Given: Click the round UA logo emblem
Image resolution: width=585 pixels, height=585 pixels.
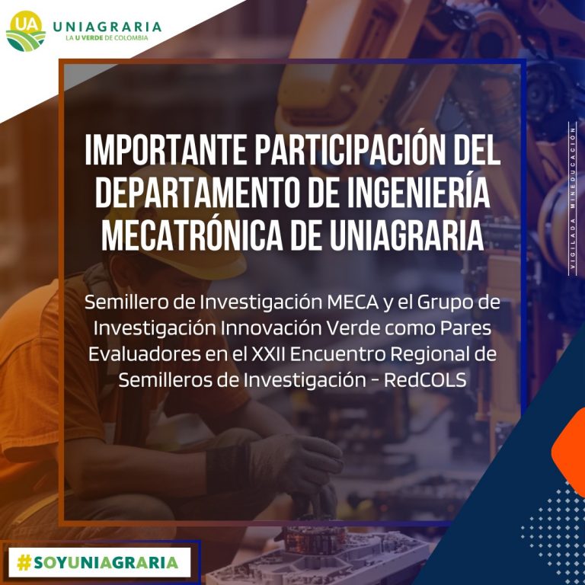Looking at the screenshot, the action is point(26,30).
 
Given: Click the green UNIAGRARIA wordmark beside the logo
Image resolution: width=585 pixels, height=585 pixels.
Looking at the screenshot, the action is point(107,27).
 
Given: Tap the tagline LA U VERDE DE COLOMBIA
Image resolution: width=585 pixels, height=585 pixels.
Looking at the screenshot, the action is point(107,37).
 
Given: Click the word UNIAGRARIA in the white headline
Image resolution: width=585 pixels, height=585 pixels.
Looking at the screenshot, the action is point(407,235).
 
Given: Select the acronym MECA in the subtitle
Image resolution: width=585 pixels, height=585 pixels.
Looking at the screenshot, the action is point(353,302).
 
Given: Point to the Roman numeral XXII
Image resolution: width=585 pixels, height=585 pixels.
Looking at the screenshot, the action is point(268,354).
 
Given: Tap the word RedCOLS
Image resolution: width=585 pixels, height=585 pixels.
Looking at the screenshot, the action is point(425,380).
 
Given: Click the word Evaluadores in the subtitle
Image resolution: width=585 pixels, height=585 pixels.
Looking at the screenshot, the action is point(145,354).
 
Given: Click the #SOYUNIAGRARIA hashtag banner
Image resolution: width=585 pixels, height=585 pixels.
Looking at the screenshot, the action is point(98,562).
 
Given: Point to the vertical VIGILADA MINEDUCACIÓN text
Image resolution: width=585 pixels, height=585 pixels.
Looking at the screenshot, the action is point(572,199).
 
